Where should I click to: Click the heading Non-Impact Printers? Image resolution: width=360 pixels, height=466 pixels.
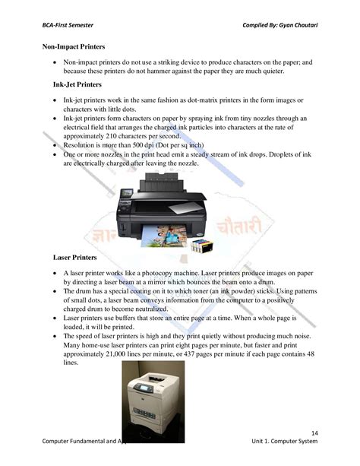pos(73,47)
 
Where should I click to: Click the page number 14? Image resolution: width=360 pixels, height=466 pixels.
pos(314,433)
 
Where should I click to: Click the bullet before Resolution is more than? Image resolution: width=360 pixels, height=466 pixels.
pos(56,145)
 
